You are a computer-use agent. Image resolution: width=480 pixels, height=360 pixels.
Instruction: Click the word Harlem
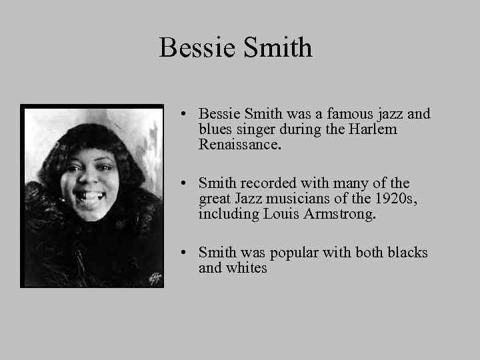[x=373, y=129]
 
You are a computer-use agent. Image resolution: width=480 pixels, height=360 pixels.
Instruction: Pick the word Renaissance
[x=238, y=144]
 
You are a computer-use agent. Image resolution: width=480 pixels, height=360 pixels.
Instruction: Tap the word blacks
[x=405, y=253]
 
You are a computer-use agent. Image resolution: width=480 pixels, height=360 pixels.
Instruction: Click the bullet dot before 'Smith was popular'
[x=183, y=253]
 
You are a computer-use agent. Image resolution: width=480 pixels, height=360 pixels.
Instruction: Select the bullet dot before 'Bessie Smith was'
[x=183, y=115]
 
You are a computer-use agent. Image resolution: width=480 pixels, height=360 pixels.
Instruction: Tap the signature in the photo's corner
[x=154, y=276]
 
